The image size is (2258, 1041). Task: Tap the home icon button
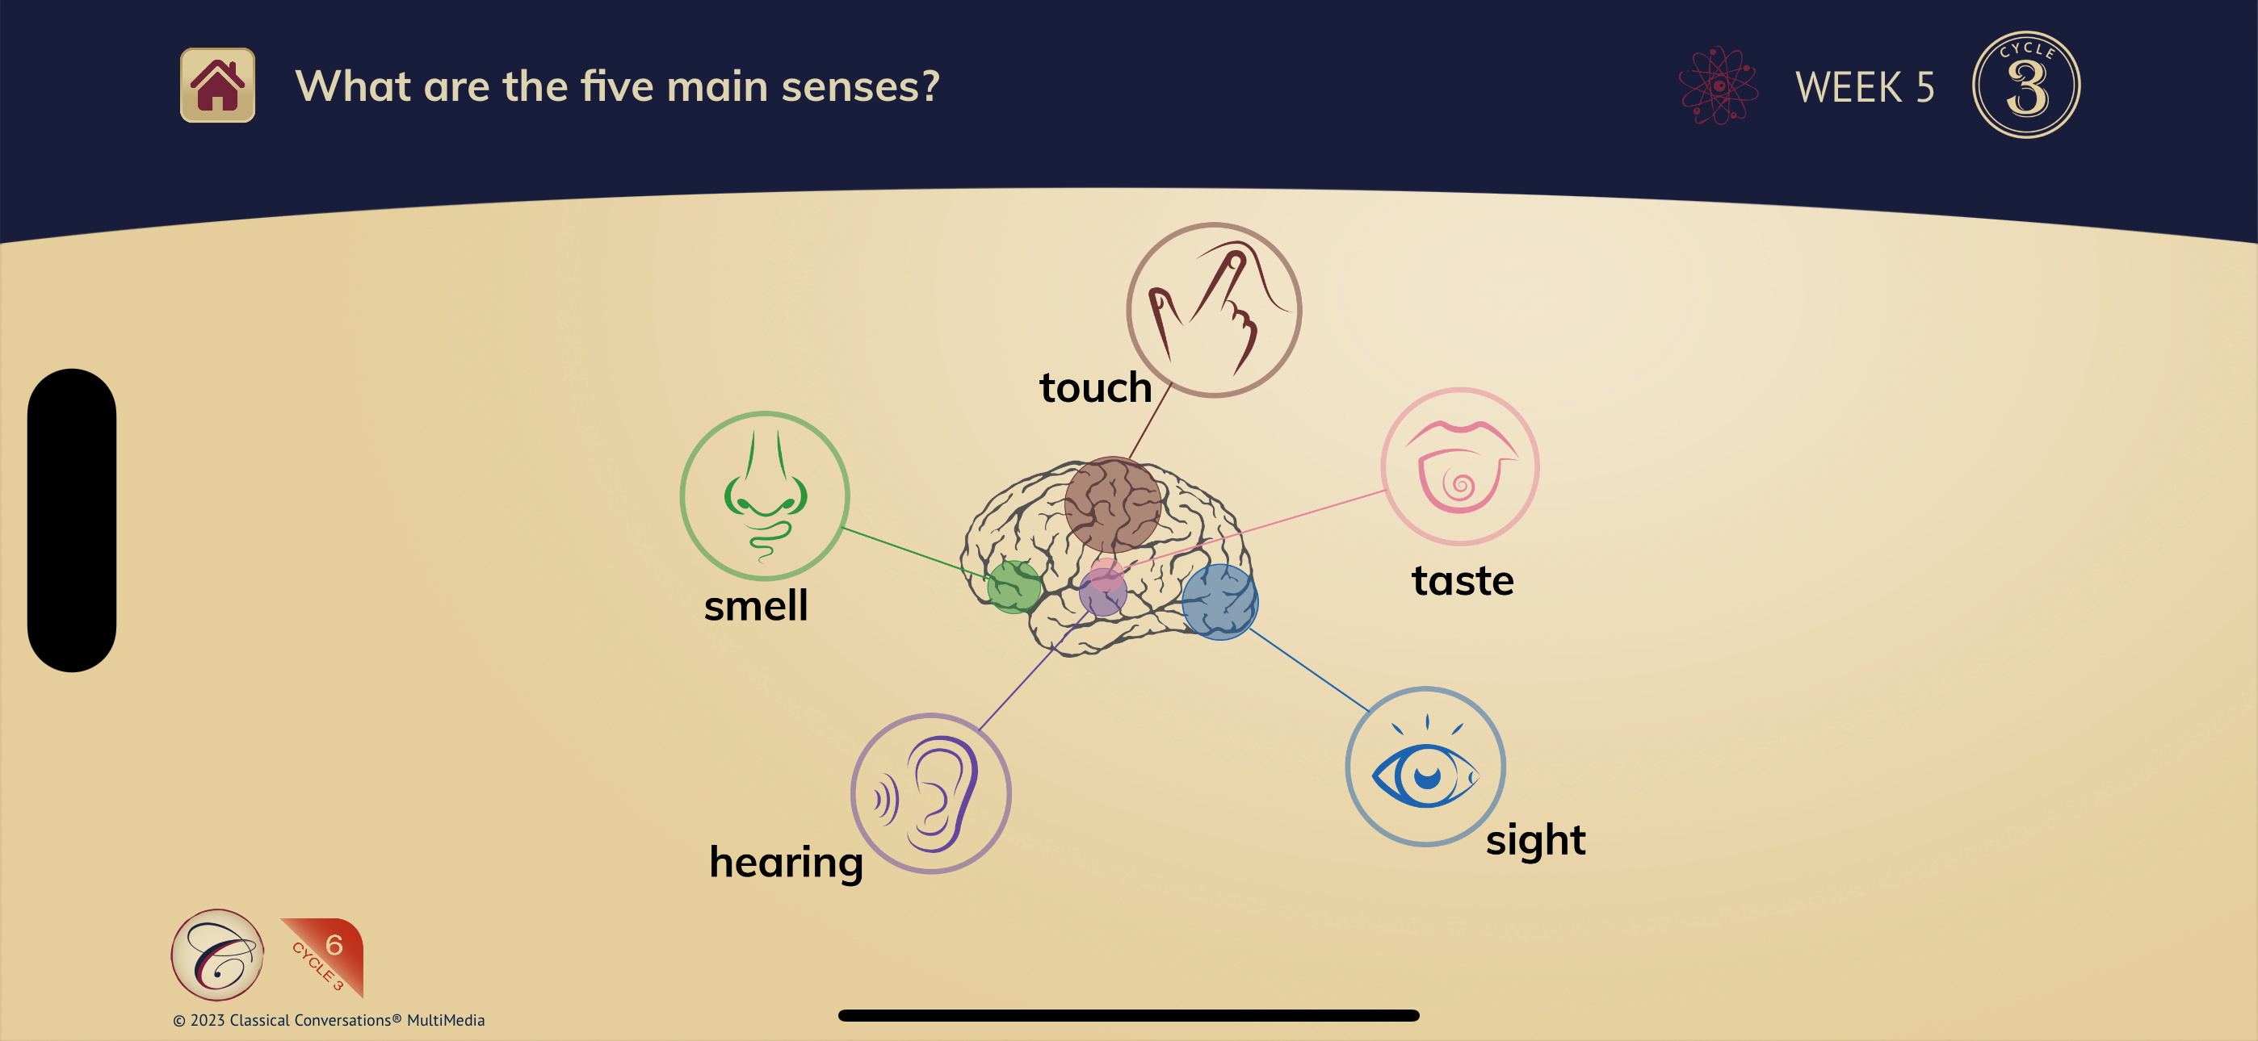(217, 85)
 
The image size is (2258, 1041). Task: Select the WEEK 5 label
(1865, 88)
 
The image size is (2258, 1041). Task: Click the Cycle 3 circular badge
(2025, 85)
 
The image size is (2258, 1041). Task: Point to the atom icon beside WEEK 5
(1718, 85)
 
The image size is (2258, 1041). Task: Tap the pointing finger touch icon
(1213, 309)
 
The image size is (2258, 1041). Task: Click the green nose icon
(764, 496)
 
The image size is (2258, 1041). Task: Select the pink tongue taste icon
(1459, 467)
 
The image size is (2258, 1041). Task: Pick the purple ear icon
(931, 793)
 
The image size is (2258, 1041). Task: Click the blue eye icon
(1425, 767)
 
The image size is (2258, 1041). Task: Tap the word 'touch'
(1095, 387)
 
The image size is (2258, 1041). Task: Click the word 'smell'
(756, 605)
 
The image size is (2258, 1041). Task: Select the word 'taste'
(1462, 581)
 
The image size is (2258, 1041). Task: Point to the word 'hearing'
(786, 862)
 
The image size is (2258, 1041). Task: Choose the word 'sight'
(1535, 839)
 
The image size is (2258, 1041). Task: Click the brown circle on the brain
(1112, 504)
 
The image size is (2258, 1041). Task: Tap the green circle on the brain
(1014, 586)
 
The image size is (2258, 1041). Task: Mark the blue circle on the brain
(1219, 601)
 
